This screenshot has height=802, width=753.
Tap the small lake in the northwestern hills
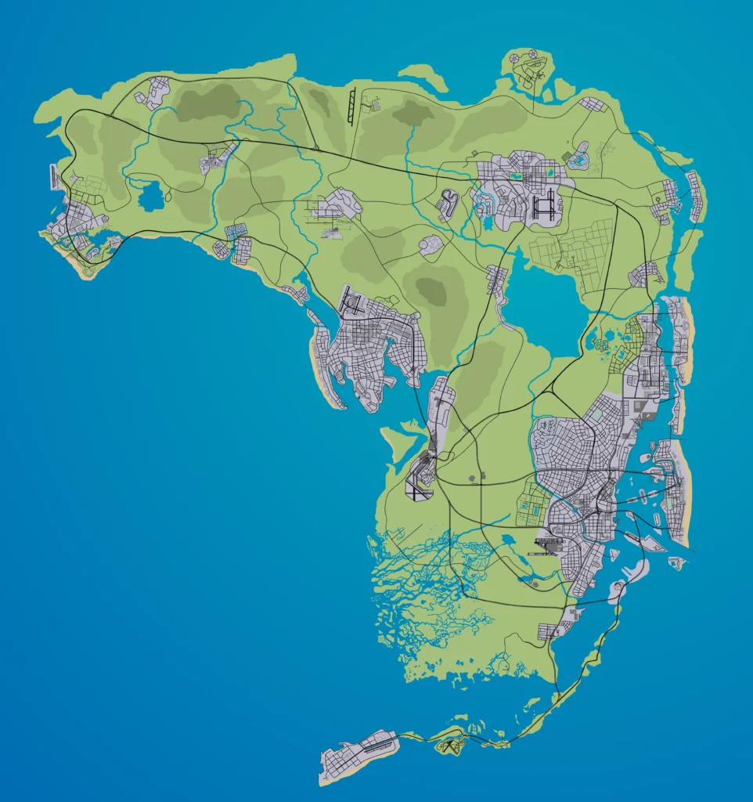point(151,195)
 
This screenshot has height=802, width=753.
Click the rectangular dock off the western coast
point(54,177)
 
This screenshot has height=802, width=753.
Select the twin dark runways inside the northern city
point(543,205)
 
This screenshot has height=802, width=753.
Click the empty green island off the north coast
point(423,78)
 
